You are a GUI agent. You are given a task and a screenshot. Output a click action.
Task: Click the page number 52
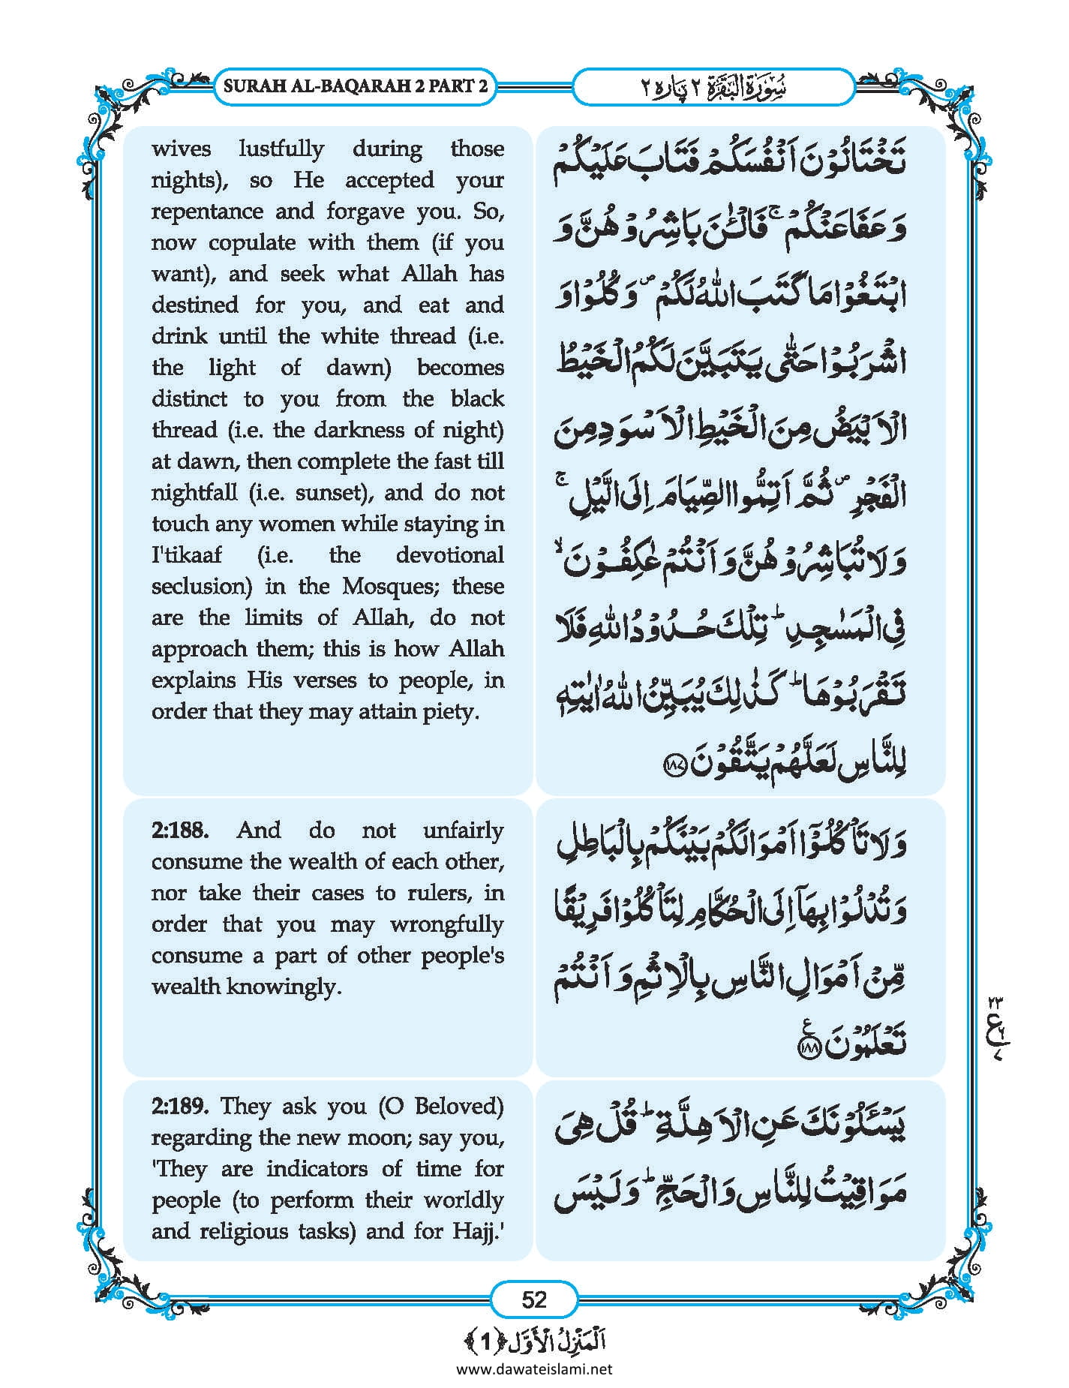point(534,1299)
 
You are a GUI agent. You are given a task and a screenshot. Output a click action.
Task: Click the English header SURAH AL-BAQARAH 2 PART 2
point(356,86)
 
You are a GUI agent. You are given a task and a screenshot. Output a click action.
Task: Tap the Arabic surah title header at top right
point(713,86)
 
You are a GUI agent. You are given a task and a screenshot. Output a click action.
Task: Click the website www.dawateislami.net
point(534,1368)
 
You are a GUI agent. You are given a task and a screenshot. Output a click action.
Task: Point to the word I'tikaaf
point(187,555)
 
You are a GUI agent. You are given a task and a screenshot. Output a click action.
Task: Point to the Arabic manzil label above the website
point(534,1341)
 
